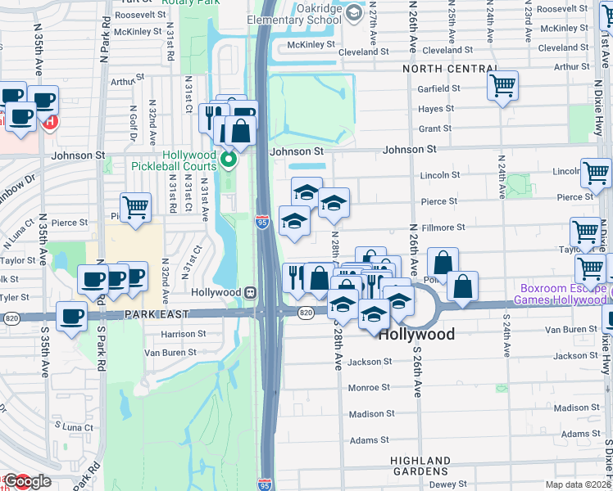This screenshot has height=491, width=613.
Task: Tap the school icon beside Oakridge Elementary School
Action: click(x=353, y=12)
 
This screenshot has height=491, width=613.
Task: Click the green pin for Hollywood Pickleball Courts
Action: click(x=229, y=159)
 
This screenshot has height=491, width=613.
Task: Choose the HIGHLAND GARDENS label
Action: click(x=420, y=467)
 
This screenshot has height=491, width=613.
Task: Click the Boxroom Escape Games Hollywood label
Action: click(x=561, y=294)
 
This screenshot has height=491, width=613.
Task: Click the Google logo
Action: click(x=27, y=482)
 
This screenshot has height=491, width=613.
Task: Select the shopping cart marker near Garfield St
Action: click(x=502, y=84)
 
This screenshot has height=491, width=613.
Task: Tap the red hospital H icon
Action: click(x=50, y=123)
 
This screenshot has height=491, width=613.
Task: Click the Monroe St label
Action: click(x=370, y=388)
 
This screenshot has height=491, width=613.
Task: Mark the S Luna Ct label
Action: click(x=72, y=427)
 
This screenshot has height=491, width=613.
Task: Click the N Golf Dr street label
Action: click(x=132, y=118)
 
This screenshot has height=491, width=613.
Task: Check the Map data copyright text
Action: click(x=579, y=484)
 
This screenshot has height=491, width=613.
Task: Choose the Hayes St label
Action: click(x=436, y=109)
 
